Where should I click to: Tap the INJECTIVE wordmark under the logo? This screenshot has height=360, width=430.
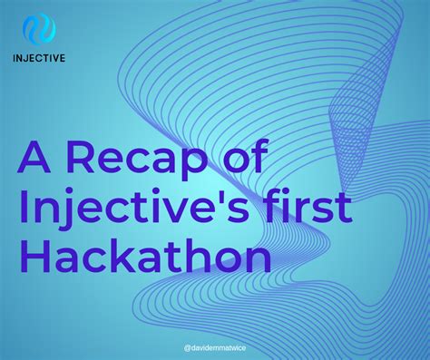coord(39,62)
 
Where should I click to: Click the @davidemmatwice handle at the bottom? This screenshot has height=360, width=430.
coord(216,346)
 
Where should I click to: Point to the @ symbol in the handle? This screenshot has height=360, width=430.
coord(187,346)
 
